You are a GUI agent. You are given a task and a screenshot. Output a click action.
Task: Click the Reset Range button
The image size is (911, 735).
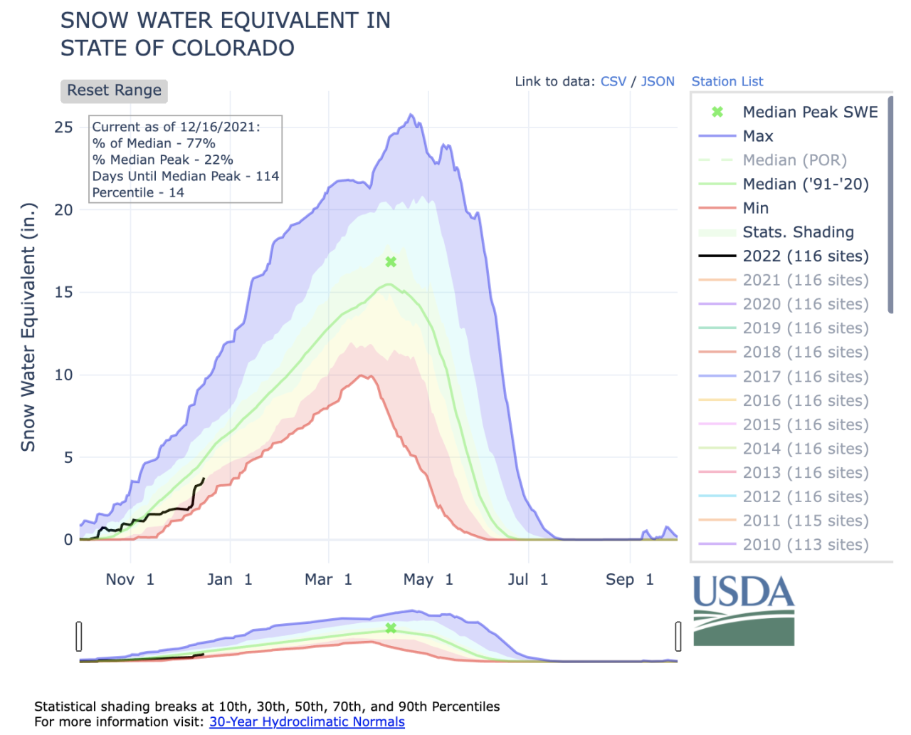[114, 90]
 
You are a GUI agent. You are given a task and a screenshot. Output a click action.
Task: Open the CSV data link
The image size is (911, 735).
[613, 81]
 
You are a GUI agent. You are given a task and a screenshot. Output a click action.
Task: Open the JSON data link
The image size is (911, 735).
[657, 81]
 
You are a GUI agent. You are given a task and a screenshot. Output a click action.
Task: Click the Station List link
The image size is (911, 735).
[727, 81]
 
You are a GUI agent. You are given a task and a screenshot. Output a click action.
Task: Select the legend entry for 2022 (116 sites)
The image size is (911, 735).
[805, 256]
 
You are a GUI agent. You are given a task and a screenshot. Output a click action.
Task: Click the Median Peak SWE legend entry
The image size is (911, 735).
[809, 112]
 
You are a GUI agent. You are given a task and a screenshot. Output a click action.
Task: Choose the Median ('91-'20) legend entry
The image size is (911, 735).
[805, 184]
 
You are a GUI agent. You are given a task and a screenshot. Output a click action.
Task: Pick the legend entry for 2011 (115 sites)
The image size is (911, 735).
[805, 521]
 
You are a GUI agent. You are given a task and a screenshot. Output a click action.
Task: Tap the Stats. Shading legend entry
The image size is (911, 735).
[798, 232]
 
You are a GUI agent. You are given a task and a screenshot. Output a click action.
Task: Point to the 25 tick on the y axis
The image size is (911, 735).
[63, 127]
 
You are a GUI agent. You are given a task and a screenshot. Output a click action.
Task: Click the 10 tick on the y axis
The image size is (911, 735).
[63, 375]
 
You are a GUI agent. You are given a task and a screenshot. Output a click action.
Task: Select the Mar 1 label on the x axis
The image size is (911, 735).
[328, 580]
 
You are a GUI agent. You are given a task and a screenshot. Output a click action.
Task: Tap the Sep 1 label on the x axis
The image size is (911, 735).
[629, 580]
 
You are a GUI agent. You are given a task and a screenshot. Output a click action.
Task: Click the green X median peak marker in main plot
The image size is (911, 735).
[391, 262]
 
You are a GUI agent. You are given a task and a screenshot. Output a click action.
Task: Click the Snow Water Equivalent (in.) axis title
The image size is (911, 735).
[28, 328]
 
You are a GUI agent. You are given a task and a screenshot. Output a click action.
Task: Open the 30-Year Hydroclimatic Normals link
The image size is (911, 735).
[307, 721]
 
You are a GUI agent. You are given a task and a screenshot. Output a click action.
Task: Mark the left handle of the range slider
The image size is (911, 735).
[79, 636]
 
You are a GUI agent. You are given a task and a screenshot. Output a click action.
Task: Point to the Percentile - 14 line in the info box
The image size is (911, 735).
[138, 192]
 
